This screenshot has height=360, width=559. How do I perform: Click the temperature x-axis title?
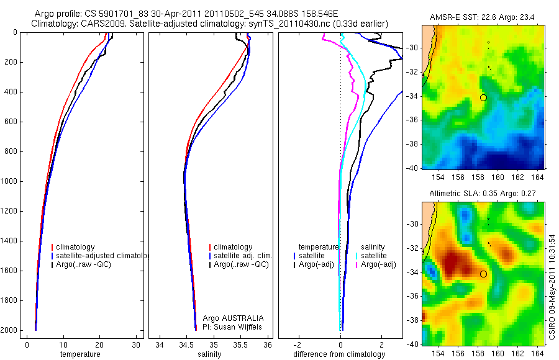coord(80,354)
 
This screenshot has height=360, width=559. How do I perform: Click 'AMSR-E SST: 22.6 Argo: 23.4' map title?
coord(484,19)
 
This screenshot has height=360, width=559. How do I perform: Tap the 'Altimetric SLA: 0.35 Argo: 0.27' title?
coord(484,194)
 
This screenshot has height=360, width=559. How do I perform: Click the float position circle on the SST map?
coord(483,97)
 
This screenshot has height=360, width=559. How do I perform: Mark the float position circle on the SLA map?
coord(483,273)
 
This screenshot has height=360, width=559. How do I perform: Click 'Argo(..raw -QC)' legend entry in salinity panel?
coord(241,264)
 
